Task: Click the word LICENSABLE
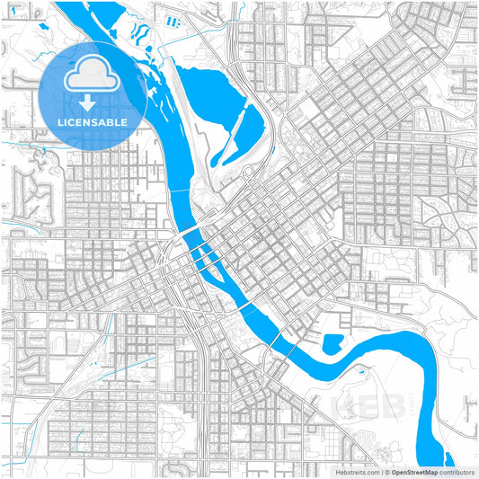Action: pos(93,122)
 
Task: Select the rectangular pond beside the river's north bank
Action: pos(333,342)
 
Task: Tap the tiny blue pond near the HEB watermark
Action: pos(362,370)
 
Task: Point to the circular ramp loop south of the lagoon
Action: pos(248,172)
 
